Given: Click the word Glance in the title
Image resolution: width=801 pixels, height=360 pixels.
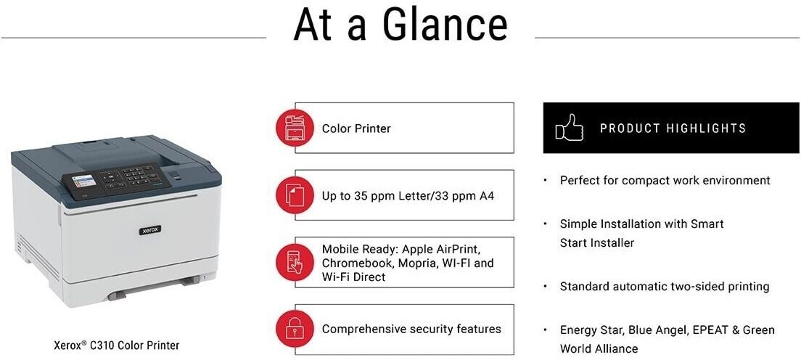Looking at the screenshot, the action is point(445,24).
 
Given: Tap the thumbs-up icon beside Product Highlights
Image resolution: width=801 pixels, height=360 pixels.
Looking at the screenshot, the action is point(569,127).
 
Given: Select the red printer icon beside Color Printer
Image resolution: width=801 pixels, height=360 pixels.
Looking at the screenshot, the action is point(295,128).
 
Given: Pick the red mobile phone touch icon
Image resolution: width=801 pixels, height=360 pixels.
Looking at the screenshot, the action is point(295,262).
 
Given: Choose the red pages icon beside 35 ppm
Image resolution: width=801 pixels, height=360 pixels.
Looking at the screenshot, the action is point(295,195).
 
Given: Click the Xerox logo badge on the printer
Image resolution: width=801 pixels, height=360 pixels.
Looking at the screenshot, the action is point(150,230).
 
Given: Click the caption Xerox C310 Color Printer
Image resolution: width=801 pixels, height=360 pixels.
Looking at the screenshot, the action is point(117,345).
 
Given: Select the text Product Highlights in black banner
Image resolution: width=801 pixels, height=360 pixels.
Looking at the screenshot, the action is point(673,128).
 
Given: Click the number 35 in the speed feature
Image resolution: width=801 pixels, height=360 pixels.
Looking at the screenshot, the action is point(361,195).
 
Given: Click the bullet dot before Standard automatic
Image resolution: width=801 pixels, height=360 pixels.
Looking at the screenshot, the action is point(546,287).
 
